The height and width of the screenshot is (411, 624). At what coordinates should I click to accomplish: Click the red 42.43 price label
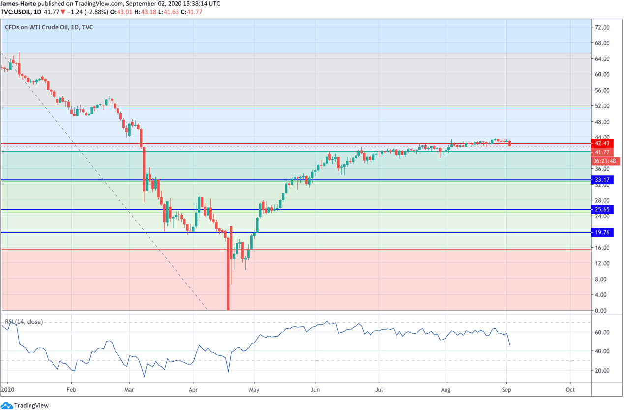coord(602,144)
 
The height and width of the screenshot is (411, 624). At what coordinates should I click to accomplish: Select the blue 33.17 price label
coord(602,180)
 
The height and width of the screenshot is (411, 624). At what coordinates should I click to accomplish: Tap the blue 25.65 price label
coord(602,210)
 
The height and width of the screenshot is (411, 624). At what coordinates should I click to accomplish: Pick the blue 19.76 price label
coord(602,233)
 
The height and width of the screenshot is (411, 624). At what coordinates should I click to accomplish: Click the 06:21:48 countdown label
coord(605,161)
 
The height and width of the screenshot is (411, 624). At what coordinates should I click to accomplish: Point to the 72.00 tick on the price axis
coord(602,28)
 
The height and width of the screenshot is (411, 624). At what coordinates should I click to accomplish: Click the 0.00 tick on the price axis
coord(600,311)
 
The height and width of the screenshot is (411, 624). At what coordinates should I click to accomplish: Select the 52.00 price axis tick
coord(602,106)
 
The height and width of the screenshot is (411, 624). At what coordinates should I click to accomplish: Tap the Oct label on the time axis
coord(570,389)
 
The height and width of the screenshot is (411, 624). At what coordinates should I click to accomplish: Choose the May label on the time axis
coord(254,389)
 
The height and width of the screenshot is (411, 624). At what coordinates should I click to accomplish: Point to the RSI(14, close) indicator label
coord(24,322)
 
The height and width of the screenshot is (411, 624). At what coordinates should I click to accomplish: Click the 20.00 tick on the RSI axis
coord(602,371)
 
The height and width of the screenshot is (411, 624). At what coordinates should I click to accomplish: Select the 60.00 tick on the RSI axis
coord(602,333)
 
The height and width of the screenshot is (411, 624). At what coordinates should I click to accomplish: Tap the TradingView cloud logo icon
coord(6,405)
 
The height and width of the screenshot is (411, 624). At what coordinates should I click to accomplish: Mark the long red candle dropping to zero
coord(228,276)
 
